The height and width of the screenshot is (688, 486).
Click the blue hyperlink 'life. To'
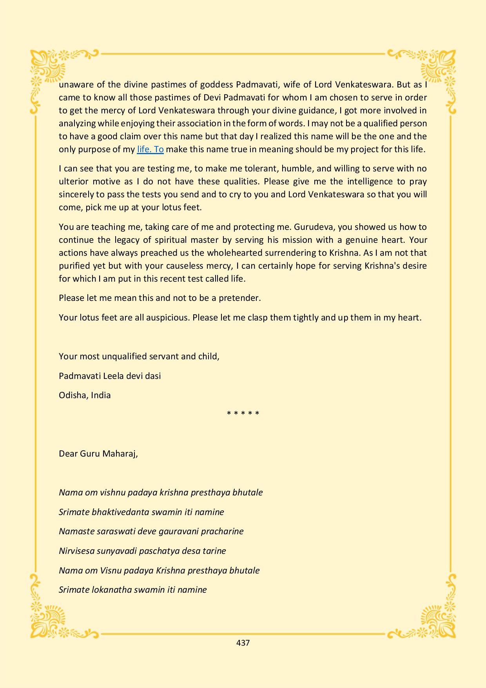pyautogui.click(x=150, y=149)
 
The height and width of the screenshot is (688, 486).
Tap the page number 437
pyautogui.click(x=243, y=643)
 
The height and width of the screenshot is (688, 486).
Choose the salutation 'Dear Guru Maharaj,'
pyautogui.click(x=98, y=454)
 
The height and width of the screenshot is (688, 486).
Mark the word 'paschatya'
pyautogui.click(x=157, y=551)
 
